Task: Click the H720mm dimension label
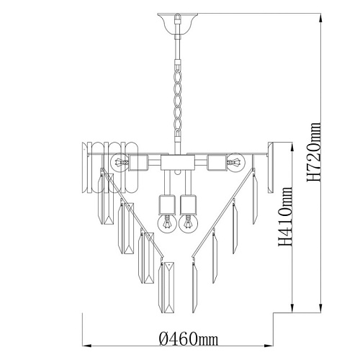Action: pyautogui.click(x=314, y=152)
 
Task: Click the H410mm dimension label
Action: pyautogui.click(x=286, y=217)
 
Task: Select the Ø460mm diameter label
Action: pyautogui.click(x=189, y=339)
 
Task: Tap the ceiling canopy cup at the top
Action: pyautogui.click(x=178, y=24)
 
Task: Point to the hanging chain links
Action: pyautogui.click(x=178, y=101)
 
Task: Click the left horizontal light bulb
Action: pyautogui.click(x=120, y=163)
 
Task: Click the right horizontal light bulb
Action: pyautogui.click(x=236, y=163)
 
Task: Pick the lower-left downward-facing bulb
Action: pyautogui.click(x=167, y=224)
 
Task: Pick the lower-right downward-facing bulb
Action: pyautogui.click(x=189, y=224)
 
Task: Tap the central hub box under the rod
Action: pyautogui.click(x=178, y=163)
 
